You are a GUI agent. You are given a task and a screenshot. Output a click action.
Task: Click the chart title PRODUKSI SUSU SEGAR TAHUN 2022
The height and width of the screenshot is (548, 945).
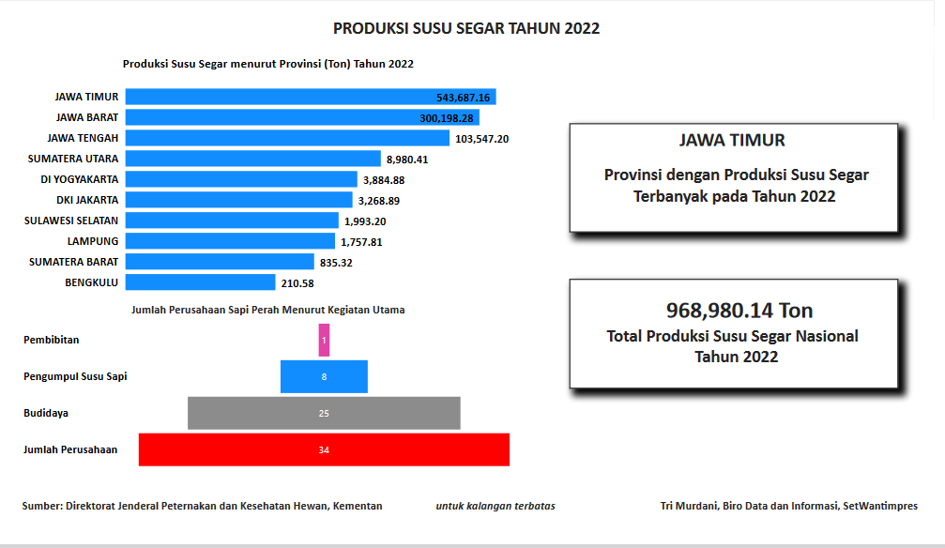466,28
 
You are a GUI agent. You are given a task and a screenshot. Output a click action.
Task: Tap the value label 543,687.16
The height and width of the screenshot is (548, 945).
464,98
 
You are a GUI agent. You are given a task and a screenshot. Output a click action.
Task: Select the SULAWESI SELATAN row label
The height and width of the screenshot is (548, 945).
71,221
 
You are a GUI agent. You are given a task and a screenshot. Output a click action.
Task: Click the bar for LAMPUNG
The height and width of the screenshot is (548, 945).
229,241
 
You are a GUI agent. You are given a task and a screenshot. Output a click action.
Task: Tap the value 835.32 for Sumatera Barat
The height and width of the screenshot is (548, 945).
335,262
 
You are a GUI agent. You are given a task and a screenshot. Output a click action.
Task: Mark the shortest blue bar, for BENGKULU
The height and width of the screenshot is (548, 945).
199,282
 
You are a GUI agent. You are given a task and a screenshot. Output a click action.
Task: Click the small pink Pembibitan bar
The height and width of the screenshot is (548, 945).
324,340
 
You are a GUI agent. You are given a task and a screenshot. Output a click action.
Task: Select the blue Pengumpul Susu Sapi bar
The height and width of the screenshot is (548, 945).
324,376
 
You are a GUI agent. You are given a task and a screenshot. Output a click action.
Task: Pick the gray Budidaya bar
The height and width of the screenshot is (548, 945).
324,413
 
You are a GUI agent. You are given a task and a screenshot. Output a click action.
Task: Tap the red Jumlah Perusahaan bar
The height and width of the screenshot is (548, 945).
324,449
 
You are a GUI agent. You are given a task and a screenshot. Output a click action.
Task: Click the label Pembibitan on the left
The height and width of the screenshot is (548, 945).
52,340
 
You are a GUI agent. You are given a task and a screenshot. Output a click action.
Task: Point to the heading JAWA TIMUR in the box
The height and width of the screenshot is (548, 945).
732,141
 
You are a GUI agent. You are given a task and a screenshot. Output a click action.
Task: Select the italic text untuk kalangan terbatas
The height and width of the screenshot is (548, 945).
495,506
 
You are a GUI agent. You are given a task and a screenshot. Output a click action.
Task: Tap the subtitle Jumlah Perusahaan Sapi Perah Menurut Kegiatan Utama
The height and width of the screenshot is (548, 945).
268,309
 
